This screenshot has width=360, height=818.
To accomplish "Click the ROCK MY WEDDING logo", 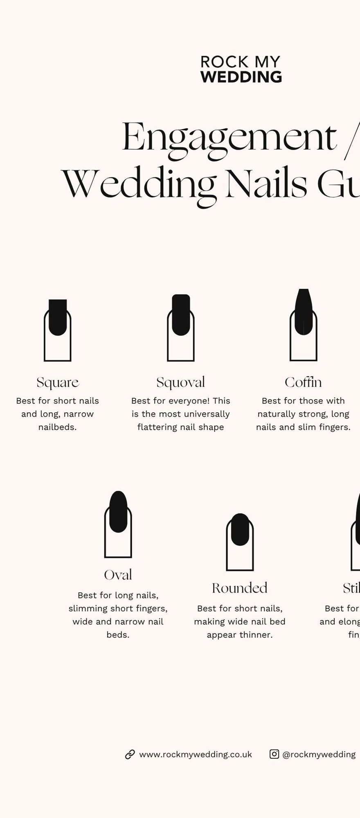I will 241,69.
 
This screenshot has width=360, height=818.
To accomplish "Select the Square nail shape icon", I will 58,330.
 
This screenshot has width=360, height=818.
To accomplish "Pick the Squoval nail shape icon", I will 181,328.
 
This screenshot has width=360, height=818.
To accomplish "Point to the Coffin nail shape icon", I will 304,325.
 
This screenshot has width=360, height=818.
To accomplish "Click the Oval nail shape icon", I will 118,524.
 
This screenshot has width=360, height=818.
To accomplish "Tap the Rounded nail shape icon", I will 240,542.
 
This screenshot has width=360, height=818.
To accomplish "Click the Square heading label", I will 58,382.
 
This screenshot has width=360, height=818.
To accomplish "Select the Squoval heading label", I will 181,382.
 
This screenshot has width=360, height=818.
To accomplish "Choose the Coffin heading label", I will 303,382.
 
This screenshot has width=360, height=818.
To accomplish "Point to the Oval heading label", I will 118,575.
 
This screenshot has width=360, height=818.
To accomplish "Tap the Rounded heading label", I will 240,588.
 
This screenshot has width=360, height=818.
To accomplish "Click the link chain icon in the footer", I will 130,754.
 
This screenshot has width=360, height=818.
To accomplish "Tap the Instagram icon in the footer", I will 274,754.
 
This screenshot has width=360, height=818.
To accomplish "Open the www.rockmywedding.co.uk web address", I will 196,755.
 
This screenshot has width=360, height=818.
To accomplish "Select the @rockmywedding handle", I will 319,755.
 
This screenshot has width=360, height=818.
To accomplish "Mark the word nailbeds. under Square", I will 58,427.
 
